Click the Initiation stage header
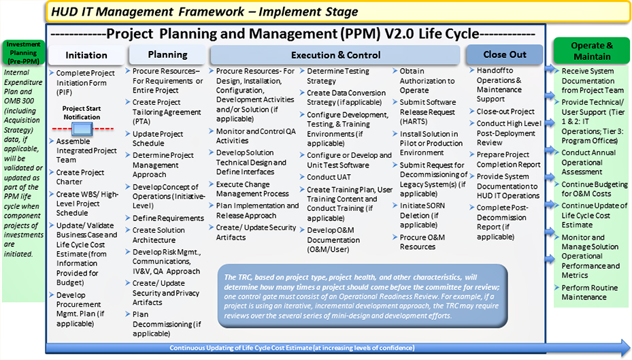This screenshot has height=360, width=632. point(86,55)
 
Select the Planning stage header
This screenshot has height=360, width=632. point(167,54)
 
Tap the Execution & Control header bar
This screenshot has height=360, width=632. point(336,55)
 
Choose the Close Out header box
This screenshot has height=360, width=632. point(504,54)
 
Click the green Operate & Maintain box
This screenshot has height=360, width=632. point(591,51)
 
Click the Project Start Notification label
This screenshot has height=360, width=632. point(82,112)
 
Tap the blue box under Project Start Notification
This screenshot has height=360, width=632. point(82,129)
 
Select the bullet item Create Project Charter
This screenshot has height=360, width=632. point(80,177)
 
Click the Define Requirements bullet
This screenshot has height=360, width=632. point(168,218)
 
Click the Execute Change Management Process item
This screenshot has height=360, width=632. point(252,189)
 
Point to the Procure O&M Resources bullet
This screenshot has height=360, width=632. point(418,242)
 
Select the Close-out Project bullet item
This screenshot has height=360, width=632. point(505,112)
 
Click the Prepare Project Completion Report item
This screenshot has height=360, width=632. point(508,159)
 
